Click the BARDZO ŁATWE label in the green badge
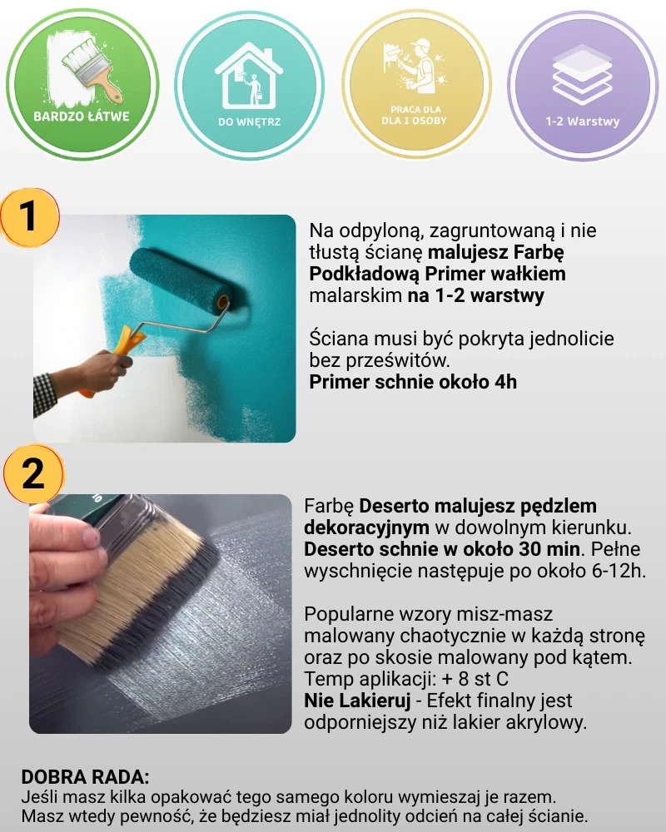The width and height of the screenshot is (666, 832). pos(82,116)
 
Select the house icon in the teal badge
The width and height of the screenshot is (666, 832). pos(249,75)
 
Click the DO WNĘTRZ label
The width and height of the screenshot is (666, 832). pos(249,122)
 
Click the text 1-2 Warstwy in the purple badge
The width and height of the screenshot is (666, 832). pos(582,121)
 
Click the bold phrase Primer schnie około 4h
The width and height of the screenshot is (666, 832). pos(413,382)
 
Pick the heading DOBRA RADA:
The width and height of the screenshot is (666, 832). pos(85,777)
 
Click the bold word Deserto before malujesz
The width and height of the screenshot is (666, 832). pos(395,506)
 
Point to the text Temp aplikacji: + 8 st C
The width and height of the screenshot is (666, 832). pos(406,679)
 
